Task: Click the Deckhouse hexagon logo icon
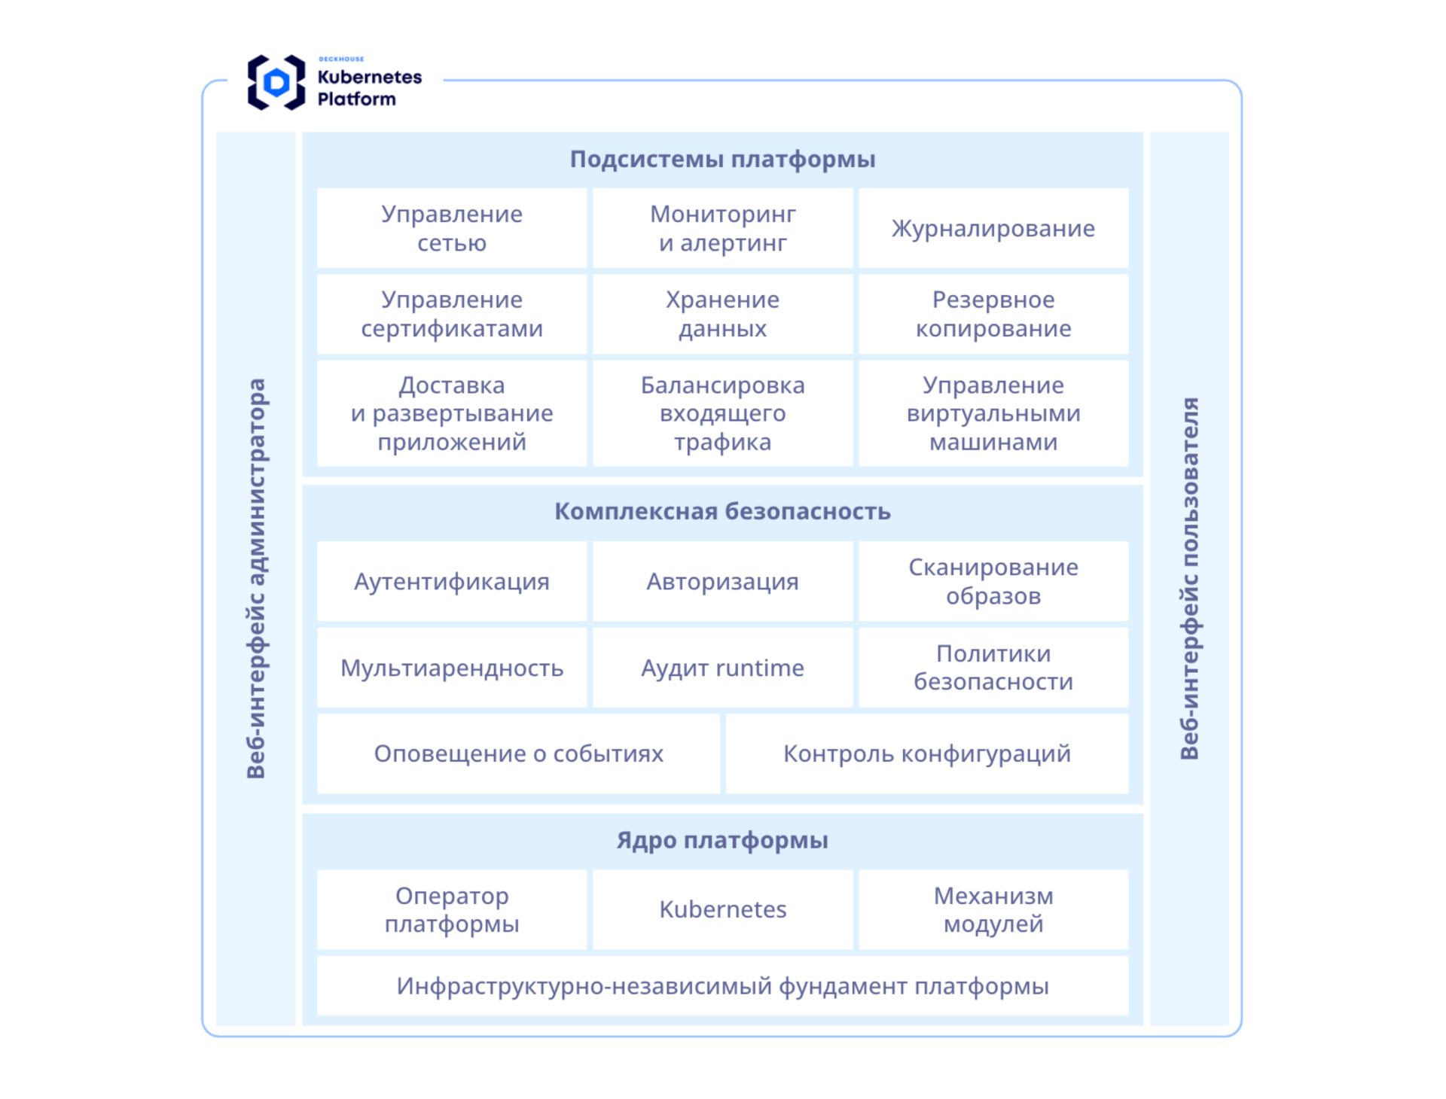[276, 82]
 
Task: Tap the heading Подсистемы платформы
[722, 160]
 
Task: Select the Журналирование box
[993, 228]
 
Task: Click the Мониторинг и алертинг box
[722, 228]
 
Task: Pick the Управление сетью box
[451, 228]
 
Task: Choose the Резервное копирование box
[993, 314]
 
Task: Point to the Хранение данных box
[722, 314]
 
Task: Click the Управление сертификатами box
[451, 314]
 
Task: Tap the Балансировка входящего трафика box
[722, 413]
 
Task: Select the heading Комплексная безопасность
[722, 512]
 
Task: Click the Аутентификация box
[451, 581]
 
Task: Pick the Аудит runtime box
[722, 668]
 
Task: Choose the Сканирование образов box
[993, 581]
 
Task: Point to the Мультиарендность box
[451, 668]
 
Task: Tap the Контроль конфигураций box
[926, 753]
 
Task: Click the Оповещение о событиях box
[518, 753]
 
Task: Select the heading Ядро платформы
[722, 840]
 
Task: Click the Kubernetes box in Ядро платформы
[722, 909]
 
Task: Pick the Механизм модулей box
[993, 909]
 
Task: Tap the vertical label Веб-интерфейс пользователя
[1188, 578]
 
